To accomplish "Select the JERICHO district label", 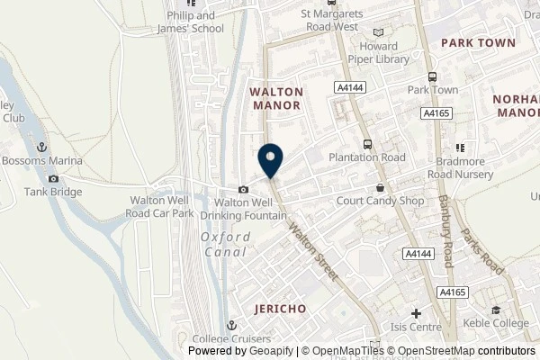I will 279,308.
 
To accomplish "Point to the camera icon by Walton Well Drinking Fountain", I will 244,189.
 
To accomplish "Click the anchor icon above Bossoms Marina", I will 40,147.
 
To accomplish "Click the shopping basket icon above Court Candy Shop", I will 381,188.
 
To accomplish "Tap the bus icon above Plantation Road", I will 367,144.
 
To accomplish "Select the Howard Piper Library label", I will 384,53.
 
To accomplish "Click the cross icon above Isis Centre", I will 415,313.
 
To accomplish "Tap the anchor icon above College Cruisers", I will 231,326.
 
